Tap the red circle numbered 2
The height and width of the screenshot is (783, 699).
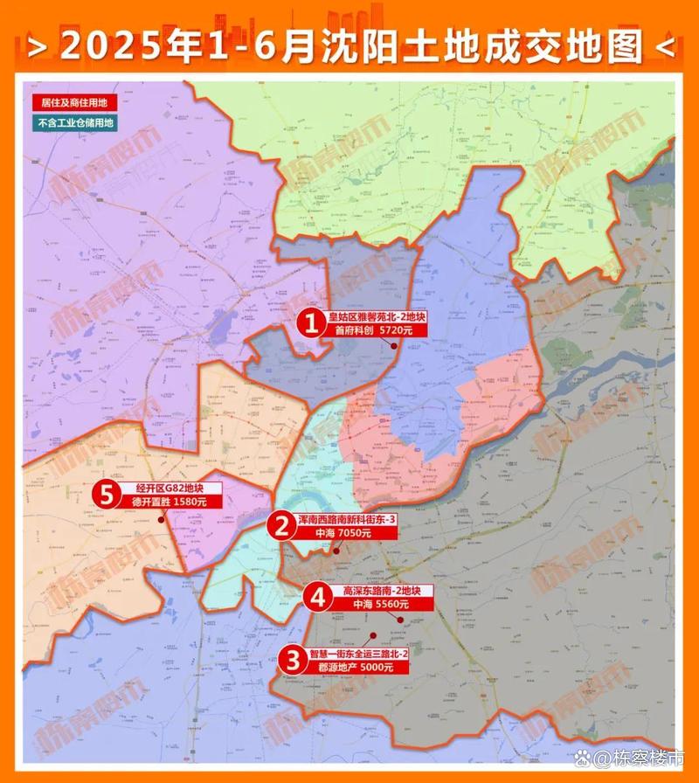click(x=281, y=526)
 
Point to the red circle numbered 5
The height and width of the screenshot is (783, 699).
click(x=107, y=495)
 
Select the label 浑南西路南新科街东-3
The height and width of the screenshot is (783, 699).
click(x=347, y=519)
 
